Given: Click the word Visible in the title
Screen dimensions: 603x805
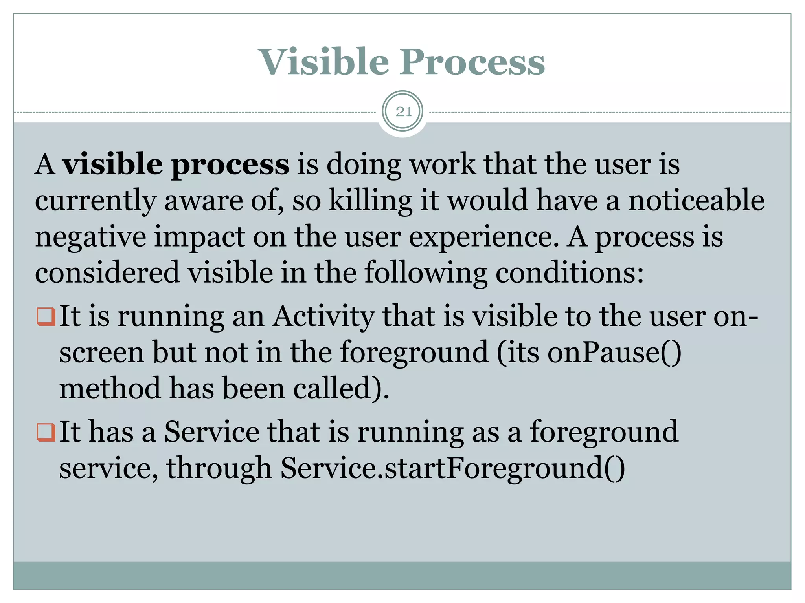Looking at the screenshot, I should click(323, 62).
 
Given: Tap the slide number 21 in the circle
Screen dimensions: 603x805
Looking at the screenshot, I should click(403, 112).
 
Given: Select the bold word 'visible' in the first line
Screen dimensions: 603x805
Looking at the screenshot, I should click(113, 164).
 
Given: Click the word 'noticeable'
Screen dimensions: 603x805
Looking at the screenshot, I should click(696, 200).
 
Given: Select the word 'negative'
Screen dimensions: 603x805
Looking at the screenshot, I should click(90, 238).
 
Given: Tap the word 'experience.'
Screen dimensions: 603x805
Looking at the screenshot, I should click(484, 238).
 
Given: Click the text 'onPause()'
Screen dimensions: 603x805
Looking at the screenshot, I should click(614, 352).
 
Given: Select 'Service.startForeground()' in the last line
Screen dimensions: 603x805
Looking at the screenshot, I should click(452, 468).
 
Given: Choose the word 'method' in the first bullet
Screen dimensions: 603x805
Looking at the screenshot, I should click(110, 388).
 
